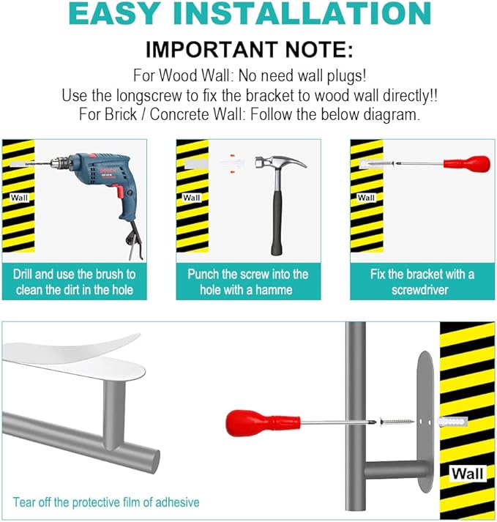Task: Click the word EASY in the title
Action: tap(113, 13)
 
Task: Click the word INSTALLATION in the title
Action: tap(302, 13)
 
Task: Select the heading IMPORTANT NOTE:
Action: tap(250, 50)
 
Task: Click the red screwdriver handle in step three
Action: tap(467, 164)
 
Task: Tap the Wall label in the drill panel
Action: tap(19, 198)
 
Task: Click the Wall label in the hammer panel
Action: tap(192, 198)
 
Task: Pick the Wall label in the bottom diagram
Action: tap(468, 473)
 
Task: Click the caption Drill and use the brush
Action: tap(74, 282)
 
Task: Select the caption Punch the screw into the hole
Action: tap(248, 282)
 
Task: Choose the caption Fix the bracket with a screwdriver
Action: tap(422, 282)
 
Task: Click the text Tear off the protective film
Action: tap(106, 502)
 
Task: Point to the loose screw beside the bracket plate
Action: tap(397, 422)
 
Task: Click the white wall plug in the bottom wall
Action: tap(453, 422)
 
